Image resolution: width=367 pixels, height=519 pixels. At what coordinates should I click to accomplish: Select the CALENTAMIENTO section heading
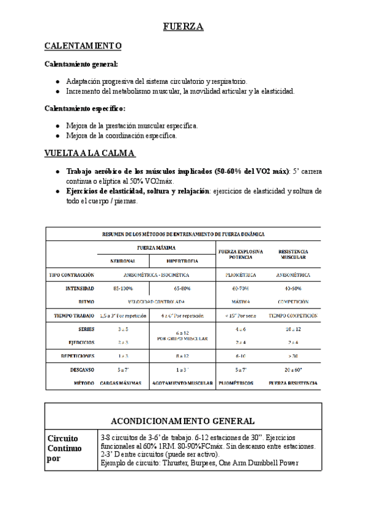[83, 47]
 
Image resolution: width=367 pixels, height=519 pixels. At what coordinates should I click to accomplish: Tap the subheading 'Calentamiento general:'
[81, 64]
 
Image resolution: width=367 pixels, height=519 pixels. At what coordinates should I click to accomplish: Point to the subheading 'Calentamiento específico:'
[85, 108]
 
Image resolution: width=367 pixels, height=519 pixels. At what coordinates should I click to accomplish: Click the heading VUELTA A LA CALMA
[91, 153]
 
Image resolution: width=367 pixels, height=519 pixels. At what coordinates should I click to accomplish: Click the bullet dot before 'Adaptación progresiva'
[57, 81]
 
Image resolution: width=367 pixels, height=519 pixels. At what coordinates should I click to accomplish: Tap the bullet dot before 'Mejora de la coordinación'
[57, 136]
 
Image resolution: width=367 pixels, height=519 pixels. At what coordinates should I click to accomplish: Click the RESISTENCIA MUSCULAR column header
[293, 254]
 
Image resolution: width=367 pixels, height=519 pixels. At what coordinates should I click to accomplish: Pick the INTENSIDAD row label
[80, 288]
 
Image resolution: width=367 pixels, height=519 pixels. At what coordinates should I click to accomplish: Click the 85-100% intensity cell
[123, 288]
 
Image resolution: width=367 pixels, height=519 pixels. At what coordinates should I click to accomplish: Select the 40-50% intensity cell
[293, 288]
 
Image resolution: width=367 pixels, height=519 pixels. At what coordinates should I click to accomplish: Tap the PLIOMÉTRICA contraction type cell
[240, 275]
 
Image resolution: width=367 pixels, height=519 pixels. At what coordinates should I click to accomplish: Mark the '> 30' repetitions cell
[293, 356]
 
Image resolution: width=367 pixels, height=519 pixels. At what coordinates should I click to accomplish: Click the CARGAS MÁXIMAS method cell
[123, 383]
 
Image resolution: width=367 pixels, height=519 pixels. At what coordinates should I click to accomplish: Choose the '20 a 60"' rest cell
[293, 369]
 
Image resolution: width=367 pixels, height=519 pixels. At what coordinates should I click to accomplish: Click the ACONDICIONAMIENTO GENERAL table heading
[183, 421]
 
